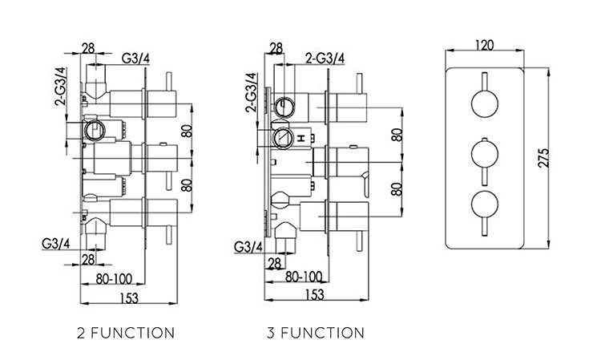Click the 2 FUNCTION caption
pyautogui.click(x=126, y=333)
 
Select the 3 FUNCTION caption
pyautogui.click(x=316, y=333)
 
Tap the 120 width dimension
pyautogui.click(x=484, y=46)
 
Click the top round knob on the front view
pyautogui.click(x=484, y=104)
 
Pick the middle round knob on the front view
pyautogui.click(x=484, y=155)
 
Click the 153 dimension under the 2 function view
pyautogui.click(x=129, y=297)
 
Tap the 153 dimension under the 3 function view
pyautogui.click(x=315, y=294)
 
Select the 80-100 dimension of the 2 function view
pyautogui.click(x=114, y=279)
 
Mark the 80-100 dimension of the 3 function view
pyautogui.click(x=303, y=276)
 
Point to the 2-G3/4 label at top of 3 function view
pyautogui.click(x=325, y=59)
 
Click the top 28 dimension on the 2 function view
pyautogui.click(x=88, y=48)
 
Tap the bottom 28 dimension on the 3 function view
pyautogui.click(x=274, y=264)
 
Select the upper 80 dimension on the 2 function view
pyautogui.click(x=187, y=131)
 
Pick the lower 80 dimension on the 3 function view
pyautogui.click(x=397, y=189)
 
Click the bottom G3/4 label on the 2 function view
pyautogui.click(x=55, y=245)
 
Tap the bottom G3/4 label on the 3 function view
pyautogui.click(x=248, y=247)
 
